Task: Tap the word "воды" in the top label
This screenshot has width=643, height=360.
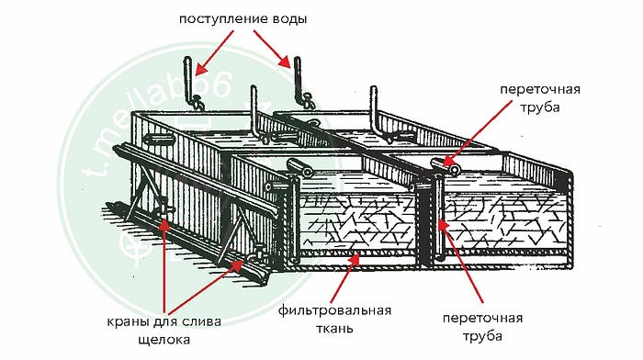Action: pos(289,18)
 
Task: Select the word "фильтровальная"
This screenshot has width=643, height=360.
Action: pos(334,310)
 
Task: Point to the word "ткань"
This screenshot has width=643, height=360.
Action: pos(333,329)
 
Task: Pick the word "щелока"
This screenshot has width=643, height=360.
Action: pos(164,340)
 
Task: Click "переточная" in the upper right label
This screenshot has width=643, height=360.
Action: pos(540,90)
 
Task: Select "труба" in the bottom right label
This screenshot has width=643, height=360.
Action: pos(482,336)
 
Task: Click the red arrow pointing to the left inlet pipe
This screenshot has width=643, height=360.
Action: pos(214,53)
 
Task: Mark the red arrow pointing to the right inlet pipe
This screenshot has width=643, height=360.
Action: pos(272,49)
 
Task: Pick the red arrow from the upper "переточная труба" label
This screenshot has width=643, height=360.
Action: pos(478,132)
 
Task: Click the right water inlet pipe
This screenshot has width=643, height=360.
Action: pos(299,81)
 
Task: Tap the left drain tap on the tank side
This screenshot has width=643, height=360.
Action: pos(165,209)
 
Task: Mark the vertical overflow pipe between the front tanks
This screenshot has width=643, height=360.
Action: pos(438,218)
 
